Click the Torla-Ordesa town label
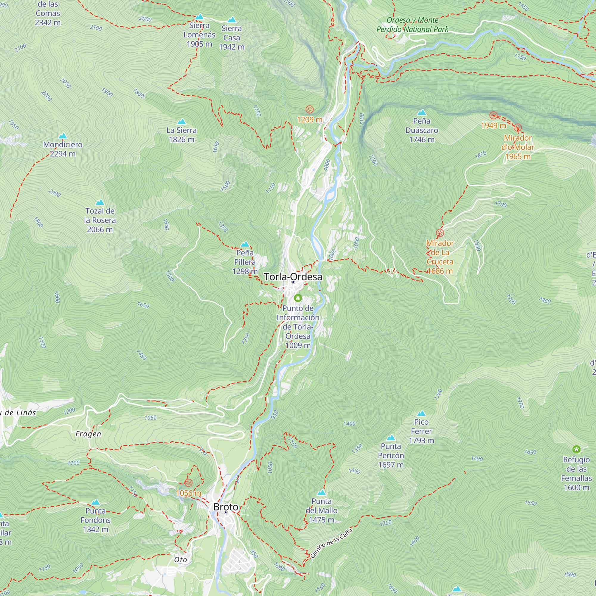point(293,277)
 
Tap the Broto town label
point(226,507)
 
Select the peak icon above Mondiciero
point(63,136)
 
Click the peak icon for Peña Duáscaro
point(421,112)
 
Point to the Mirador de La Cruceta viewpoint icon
point(440,233)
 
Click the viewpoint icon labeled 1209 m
point(309,109)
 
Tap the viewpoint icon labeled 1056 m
point(188,483)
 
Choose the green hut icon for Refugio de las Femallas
point(576,449)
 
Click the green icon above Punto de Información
point(298,298)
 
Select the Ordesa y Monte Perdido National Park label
point(412,25)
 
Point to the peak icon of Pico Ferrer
point(421,413)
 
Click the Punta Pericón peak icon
point(391,438)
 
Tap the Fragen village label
point(88,434)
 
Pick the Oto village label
point(181,560)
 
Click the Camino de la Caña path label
point(331,543)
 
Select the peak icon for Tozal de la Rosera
point(100,203)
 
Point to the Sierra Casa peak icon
point(231,20)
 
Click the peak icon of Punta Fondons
point(96,502)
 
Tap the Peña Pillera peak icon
point(245,244)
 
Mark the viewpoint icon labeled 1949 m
point(493,115)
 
